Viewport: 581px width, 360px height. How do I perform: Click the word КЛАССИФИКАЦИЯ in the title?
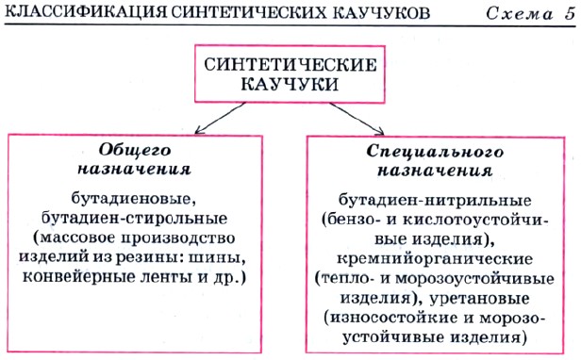click(87, 13)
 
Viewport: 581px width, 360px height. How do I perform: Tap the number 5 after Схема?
click(571, 13)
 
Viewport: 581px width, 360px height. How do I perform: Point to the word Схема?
click(520, 14)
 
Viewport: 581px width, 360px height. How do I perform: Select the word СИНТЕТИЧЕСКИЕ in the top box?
click(290, 65)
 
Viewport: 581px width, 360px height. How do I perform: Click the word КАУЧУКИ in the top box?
click(290, 84)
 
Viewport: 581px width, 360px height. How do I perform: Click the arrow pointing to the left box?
click(220, 118)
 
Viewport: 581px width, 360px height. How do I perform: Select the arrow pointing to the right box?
click(357, 119)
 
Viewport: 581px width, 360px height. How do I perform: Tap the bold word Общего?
click(135, 151)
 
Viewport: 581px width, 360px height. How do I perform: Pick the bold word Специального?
click(435, 151)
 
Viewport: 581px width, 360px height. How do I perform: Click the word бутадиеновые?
click(133, 199)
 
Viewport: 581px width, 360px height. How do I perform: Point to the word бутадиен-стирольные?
click(134, 218)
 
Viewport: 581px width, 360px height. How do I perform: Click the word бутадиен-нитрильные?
click(435, 201)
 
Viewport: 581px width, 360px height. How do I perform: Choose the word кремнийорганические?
click(435, 258)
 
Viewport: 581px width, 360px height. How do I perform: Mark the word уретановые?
click(479, 298)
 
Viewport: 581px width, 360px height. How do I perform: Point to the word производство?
click(178, 237)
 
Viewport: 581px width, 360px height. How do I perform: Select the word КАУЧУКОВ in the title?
click(381, 13)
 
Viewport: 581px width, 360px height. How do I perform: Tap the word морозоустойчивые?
click(474, 279)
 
